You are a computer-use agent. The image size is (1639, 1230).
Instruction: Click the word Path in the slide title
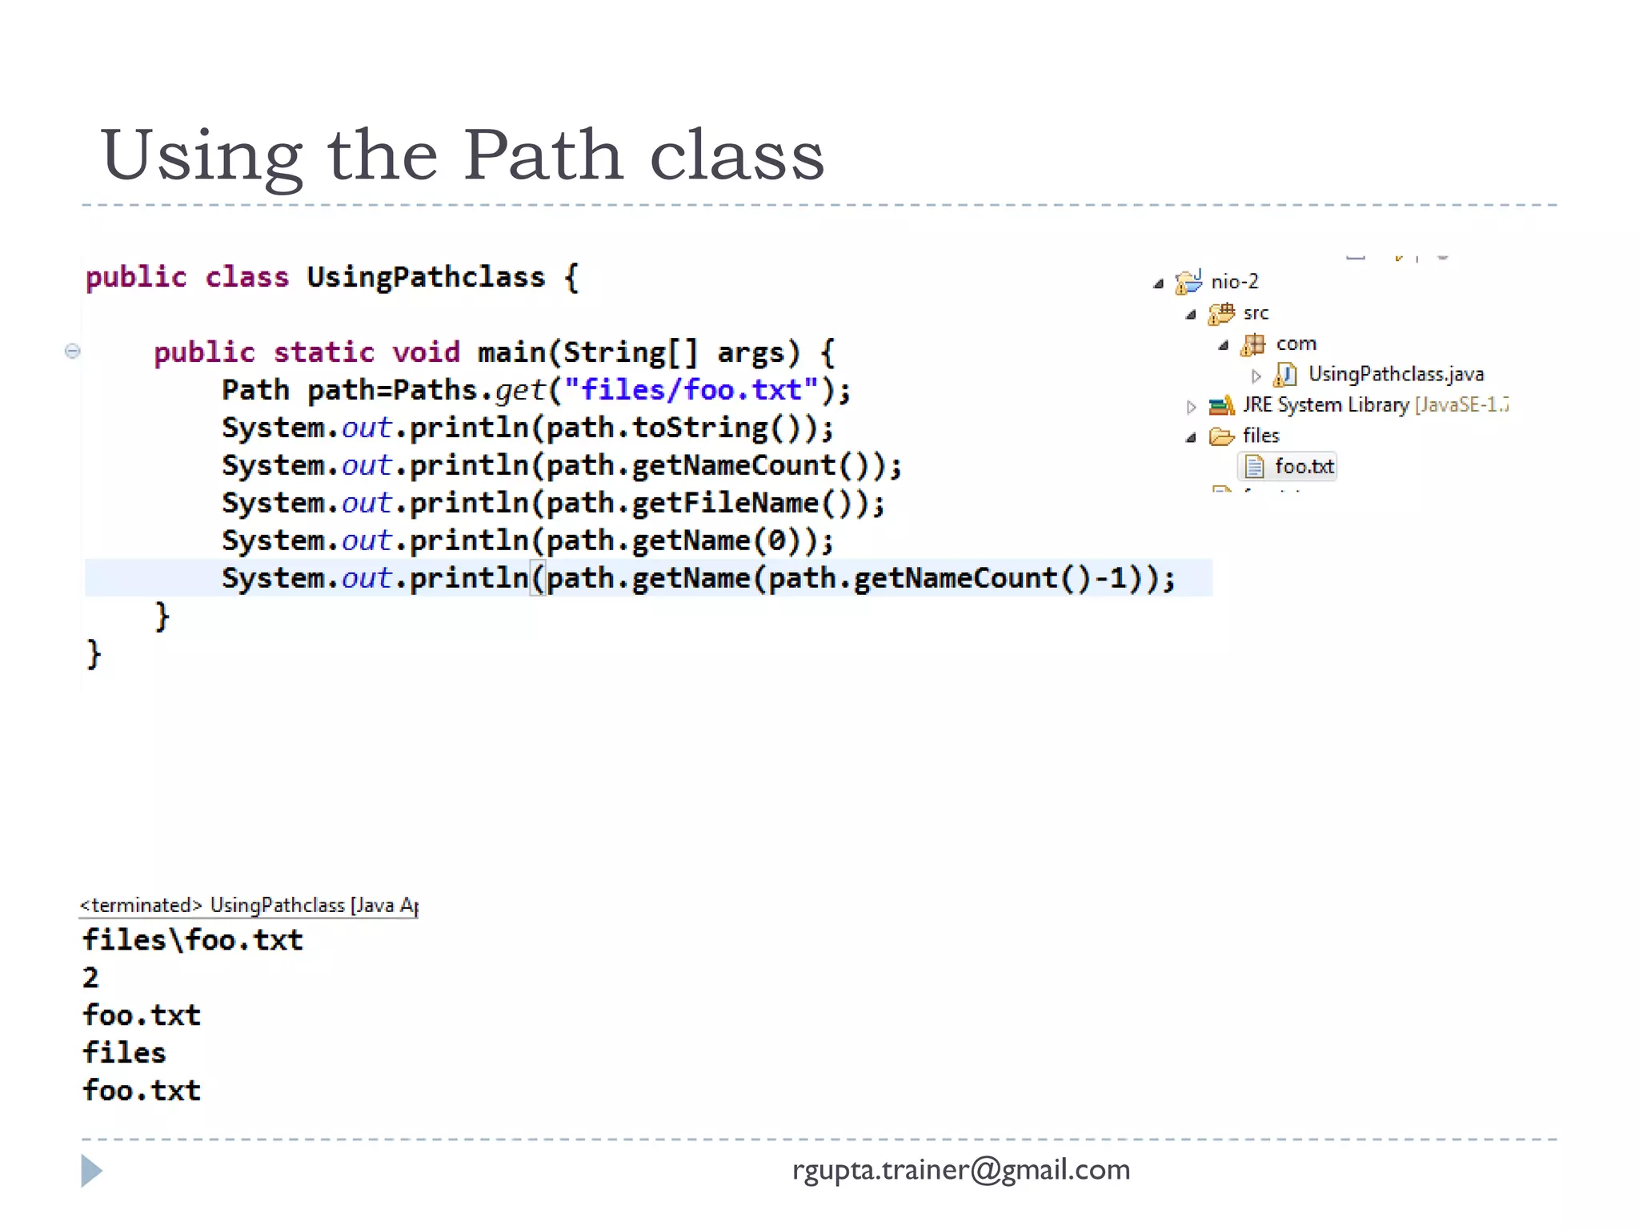[x=543, y=155]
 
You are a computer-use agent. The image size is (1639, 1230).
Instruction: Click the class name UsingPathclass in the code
[x=425, y=277]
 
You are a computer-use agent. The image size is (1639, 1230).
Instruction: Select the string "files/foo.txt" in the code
[x=691, y=390]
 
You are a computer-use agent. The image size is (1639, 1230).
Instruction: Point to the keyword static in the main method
[x=323, y=352]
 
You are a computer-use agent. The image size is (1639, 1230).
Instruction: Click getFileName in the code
[x=725, y=503]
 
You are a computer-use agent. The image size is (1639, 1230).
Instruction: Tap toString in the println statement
[x=699, y=428]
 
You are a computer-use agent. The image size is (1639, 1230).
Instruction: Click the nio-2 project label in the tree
[x=1234, y=282]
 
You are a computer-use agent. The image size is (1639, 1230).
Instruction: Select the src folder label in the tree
[x=1256, y=313]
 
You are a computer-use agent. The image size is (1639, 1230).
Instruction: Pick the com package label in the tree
[x=1296, y=344]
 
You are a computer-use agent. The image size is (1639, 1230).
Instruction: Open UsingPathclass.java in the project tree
[x=1395, y=374]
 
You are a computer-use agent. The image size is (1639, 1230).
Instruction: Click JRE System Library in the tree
[x=1325, y=405]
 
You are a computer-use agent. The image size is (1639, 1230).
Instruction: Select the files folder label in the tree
[x=1260, y=436]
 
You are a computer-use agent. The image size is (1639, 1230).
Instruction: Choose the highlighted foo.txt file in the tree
[x=1304, y=466]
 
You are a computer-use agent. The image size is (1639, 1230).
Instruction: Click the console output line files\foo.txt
[x=193, y=940]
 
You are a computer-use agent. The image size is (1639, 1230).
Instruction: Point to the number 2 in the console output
[x=90, y=978]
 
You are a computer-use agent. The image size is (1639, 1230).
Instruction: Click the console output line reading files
[x=124, y=1053]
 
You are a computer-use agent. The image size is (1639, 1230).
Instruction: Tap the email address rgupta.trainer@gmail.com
[x=960, y=1170]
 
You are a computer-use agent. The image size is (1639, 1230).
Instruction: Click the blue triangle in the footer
[x=91, y=1171]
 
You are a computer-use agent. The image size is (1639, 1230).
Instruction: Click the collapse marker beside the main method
[x=72, y=351]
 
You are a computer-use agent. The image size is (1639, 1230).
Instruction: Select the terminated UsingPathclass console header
[x=248, y=906]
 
